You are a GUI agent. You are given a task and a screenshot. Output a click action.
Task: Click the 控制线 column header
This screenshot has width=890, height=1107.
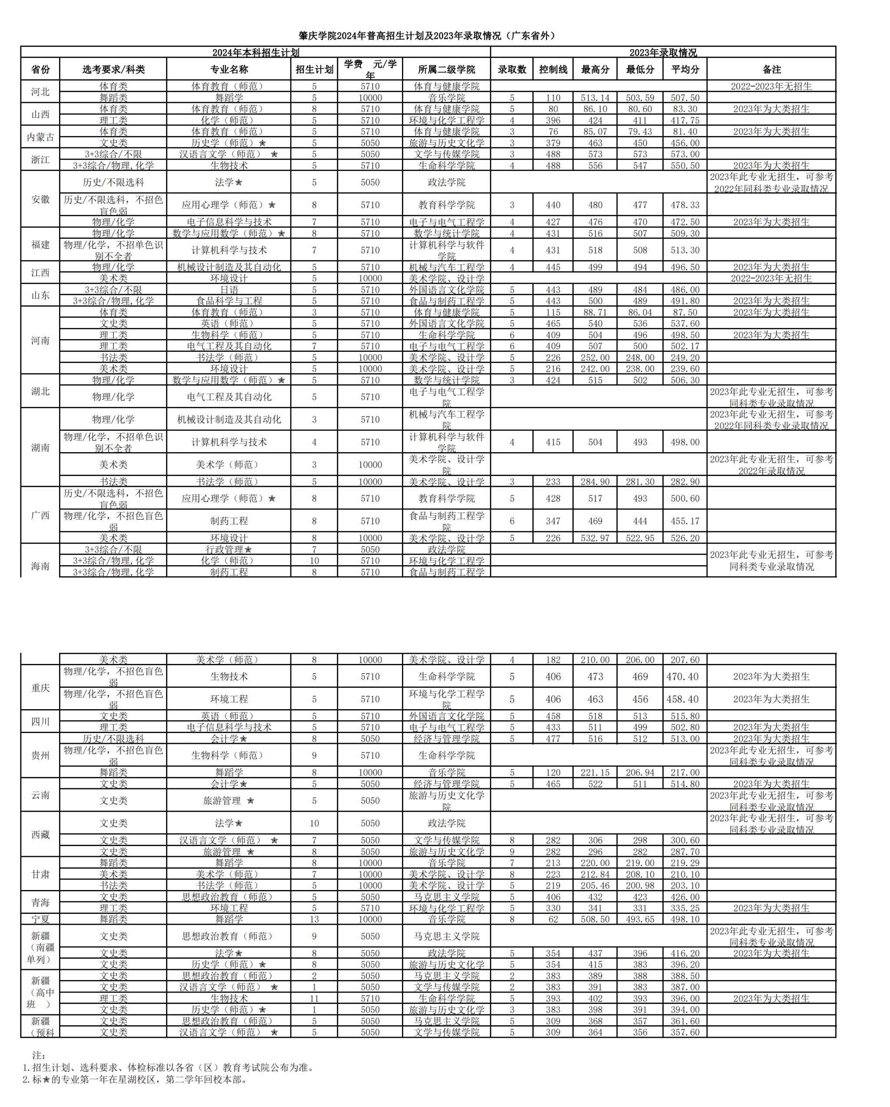(553, 69)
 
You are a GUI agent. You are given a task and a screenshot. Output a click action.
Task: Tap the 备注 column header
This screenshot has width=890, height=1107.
(771, 69)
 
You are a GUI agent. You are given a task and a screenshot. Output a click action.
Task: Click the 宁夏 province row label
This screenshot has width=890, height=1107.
(40, 919)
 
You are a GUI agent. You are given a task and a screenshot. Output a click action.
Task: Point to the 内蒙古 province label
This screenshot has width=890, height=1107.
(40, 137)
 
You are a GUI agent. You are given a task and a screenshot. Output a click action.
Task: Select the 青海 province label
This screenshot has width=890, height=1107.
(40, 902)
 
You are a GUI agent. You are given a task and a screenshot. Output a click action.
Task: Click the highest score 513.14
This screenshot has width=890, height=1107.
(595, 97)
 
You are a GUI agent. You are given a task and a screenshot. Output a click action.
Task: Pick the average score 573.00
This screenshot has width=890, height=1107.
(685, 154)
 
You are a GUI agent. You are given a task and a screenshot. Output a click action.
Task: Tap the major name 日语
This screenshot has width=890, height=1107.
(229, 290)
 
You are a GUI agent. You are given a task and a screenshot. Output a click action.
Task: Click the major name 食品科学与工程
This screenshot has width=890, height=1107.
(229, 301)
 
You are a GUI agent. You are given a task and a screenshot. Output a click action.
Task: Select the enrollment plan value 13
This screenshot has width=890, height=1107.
(314, 919)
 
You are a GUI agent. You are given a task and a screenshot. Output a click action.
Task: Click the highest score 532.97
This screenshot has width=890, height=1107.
(595, 538)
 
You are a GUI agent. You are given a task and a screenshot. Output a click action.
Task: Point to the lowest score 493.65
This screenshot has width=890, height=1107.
(640, 919)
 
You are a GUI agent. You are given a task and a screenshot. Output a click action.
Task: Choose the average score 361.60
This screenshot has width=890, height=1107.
(685, 1021)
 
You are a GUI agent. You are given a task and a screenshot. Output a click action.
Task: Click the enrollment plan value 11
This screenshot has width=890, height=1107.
(314, 998)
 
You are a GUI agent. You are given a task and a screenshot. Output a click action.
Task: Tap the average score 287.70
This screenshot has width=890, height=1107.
(685, 851)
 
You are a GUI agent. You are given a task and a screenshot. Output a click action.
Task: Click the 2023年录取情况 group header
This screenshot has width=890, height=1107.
(663, 52)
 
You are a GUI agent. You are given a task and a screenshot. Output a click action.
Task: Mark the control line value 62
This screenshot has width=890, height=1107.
(553, 919)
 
